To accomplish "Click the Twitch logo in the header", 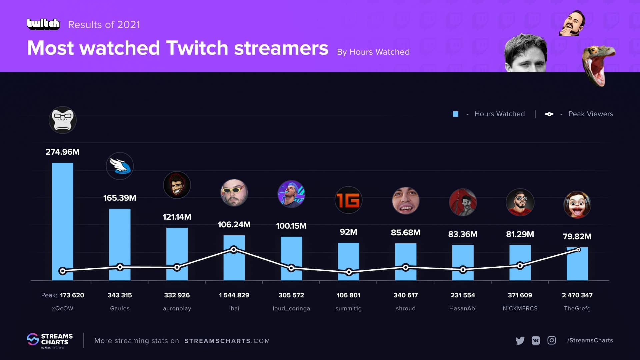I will (x=43, y=24).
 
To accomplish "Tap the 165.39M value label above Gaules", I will (x=120, y=198).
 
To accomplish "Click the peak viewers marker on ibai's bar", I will (x=234, y=249).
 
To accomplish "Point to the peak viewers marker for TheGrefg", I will (x=578, y=250).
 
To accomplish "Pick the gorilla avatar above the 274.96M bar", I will (x=63, y=120).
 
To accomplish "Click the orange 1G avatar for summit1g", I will (x=348, y=200).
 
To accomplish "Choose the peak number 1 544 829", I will (x=234, y=295).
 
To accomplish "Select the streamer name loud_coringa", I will (x=291, y=308).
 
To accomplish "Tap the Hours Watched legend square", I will (x=456, y=114).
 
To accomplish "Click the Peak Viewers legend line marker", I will (x=549, y=114).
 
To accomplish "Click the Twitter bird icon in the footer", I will (x=520, y=340).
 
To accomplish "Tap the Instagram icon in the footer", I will (x=552, y=340).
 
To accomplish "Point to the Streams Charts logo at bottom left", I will (x=50, y=340).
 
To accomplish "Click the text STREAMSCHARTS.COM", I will (x=227, y=341).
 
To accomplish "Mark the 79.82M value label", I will (x=577, y=236).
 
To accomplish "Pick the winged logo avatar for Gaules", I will (x=120, y=166).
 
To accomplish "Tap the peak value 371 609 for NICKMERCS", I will (x=520, y=295).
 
